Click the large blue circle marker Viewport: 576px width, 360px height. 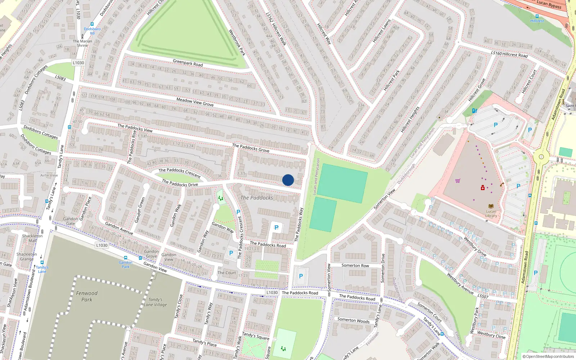pos(288,180)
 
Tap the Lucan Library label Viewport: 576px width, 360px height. pos(491,213)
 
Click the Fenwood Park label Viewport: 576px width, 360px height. pos(87,296)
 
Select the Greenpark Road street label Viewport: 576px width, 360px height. pos(188,63)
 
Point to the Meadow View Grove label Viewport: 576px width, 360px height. pos(195,102)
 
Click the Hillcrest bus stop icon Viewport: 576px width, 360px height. pos(537,16)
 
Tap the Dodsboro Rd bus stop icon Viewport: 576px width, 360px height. pos(92,24)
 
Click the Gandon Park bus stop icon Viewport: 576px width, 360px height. pos(125,258)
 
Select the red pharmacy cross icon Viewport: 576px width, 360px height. pos(483,188)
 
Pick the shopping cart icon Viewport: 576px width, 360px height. pos(458,181)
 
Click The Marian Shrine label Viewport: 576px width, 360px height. pos(82,43)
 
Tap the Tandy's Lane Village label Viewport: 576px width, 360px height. pos(155,302)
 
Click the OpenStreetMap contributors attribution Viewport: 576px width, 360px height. pos(548,357)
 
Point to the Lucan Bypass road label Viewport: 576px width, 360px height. pos(549,4)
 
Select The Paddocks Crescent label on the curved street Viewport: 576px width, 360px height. pos(179,172)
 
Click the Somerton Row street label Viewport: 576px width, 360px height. pos(355,265)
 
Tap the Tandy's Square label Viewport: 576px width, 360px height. pos(256,336)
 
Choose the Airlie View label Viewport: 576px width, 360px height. pos(49,175)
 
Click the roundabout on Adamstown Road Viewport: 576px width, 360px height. pos(541,157)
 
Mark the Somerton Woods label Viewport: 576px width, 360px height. pos(353,320)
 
